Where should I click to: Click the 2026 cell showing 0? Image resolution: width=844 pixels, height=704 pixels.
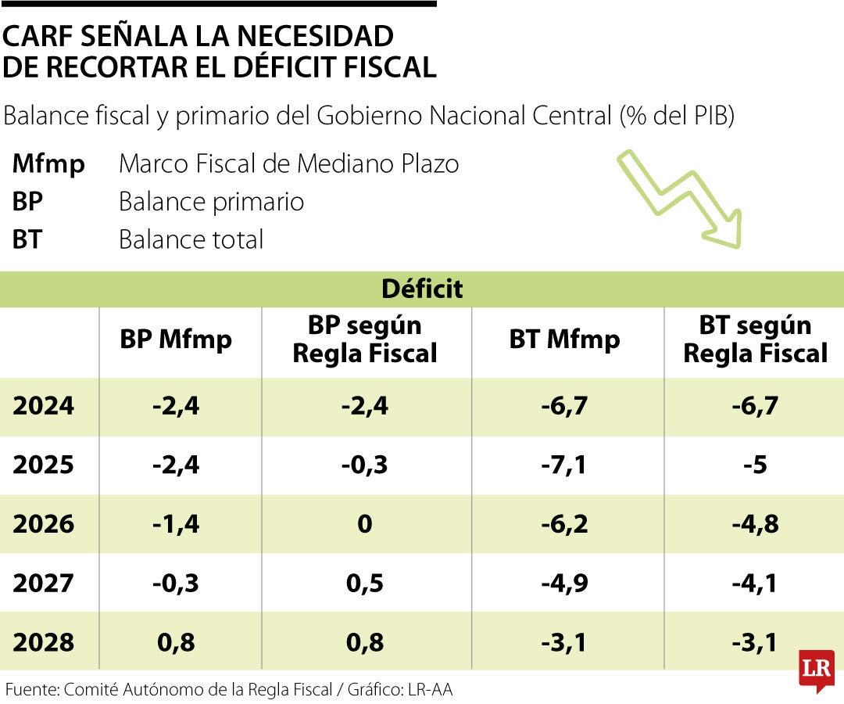(x=364, y=524)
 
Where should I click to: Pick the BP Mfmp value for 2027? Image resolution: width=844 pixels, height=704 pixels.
(x=176, y=584)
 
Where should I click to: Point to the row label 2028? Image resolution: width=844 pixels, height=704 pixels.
(x=44, y=642)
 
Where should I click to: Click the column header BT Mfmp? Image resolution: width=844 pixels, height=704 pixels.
(x=564, y=339)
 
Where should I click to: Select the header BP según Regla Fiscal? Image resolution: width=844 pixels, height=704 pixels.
(x=364, y=339)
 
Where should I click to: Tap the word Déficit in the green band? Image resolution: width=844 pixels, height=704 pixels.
(x=422, y=289)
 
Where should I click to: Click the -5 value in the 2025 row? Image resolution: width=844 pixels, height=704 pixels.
(x=755, y=465)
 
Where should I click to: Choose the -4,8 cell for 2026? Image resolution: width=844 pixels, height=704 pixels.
(x=755, y=524)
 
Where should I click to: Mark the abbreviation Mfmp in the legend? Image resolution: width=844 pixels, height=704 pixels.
(x=48, y=164)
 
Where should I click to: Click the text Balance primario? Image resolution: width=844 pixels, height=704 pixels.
(x=211, y=202)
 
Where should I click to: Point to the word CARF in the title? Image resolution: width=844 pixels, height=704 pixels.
(x=41, y=37)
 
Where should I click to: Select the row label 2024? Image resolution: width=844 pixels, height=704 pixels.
(x=44, y=406)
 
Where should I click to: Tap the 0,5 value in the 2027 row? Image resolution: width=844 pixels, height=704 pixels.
(x=364, y=584)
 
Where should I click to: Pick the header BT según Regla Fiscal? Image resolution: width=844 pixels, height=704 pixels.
(x=755, y=339)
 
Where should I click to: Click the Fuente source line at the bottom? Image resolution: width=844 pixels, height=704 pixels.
(x=229, y=690)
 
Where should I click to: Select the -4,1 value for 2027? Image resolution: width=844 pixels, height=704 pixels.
(x=755, y=584)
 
